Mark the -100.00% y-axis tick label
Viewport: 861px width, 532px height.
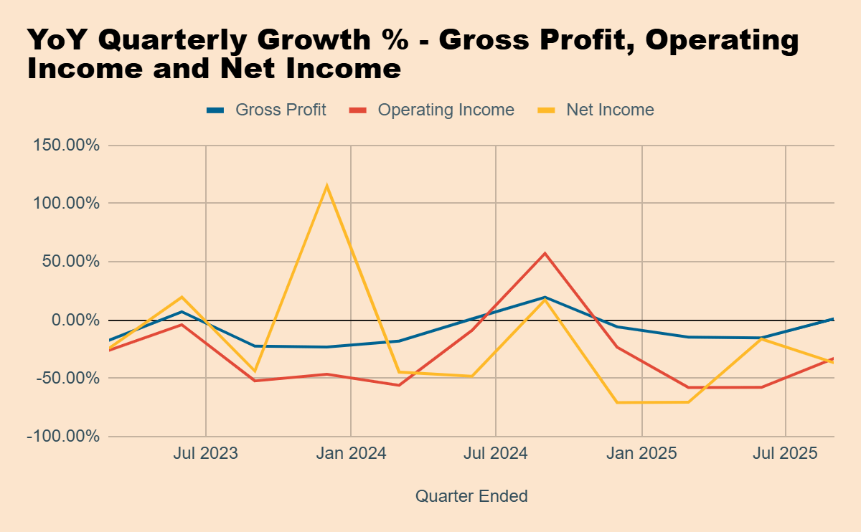coord(64,436)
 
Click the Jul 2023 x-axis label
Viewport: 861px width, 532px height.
coord(206,454)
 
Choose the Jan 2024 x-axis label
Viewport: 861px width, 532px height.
coord(351,454)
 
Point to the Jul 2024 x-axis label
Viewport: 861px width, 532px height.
coord(496,454)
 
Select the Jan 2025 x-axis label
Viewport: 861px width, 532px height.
coord(641,454)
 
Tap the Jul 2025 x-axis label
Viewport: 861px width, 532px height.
coord(786,454)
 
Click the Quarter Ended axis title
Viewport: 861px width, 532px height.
coord(471,495)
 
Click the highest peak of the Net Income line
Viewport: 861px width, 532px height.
coord(327,186)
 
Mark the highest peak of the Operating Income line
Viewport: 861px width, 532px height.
coord(545,253)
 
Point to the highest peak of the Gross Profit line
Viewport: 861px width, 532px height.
coord(545,297)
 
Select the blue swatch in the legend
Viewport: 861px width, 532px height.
coord(215,110)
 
